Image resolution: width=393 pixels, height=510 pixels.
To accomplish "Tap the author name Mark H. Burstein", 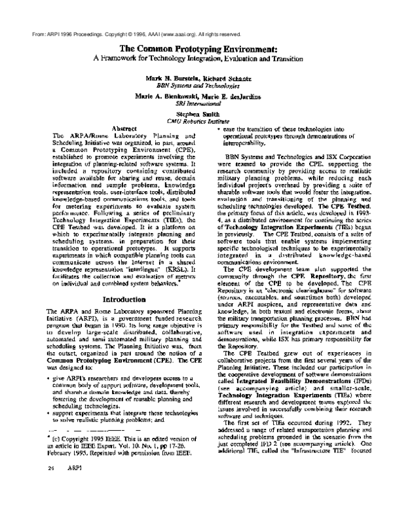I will (172, 77).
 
